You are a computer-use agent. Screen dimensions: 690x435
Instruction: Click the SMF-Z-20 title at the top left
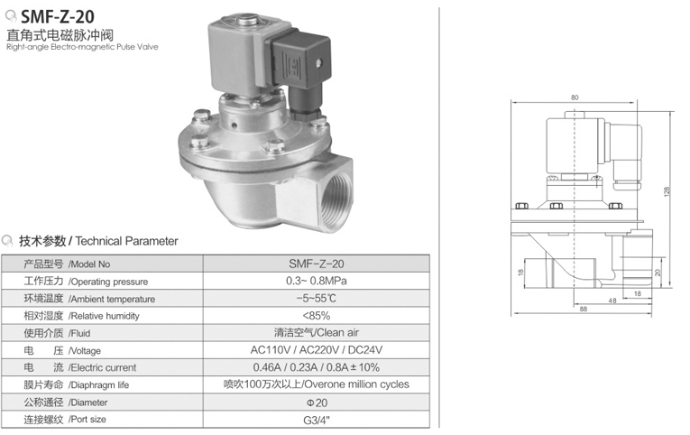pos(57,16)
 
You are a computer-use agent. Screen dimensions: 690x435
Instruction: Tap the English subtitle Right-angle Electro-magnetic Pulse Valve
pos(82,47)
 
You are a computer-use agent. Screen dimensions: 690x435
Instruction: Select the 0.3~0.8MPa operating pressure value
pos(317,281)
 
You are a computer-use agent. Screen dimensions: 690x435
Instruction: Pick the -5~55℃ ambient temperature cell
pos(317,298)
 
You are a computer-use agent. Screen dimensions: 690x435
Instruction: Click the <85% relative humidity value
pos(317,315)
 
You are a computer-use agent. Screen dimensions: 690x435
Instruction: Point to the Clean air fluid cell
pos(317,332)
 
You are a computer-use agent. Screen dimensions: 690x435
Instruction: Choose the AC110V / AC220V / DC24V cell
pos(317,349)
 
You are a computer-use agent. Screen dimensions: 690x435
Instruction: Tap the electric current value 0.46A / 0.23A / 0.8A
pos(317,367)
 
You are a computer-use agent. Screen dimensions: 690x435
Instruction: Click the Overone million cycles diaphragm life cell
pos(317,384)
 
